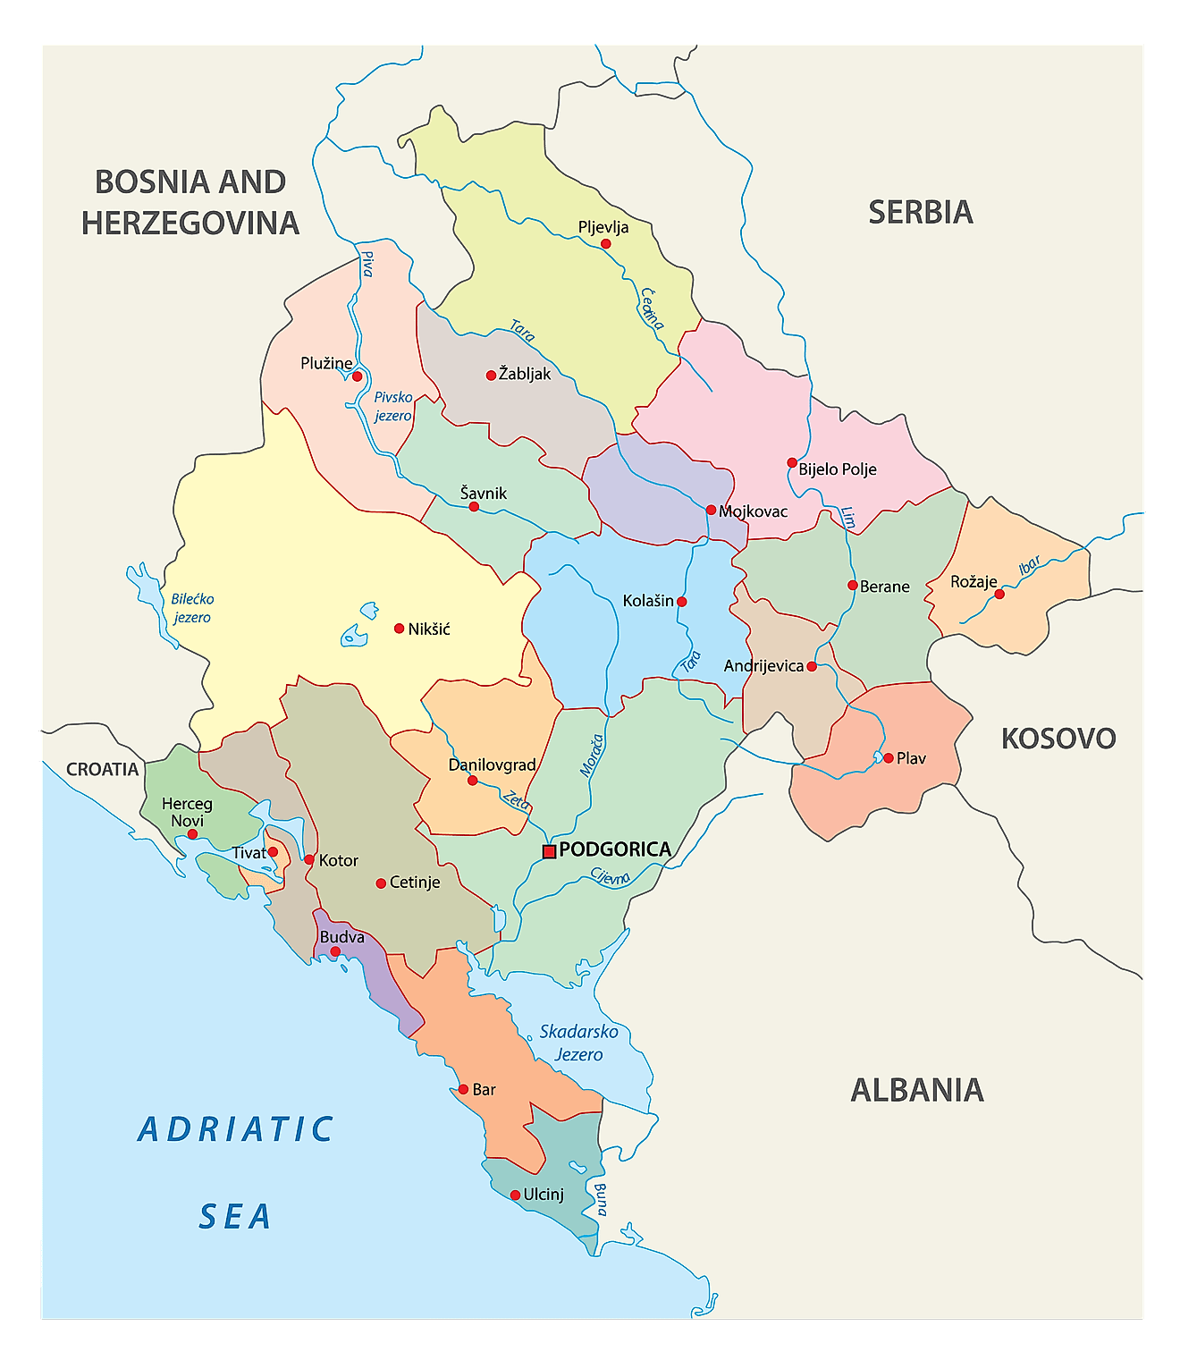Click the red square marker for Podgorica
click(549, 851)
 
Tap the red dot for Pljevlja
click(605, 244)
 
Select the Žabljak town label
click(525, 374)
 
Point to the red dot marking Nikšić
click(400, 629)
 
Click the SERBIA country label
click(920, 212)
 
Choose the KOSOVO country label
click(1058, 739)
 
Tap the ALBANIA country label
click(916, 1090)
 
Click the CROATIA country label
click(102, 770)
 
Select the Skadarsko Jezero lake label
click(578, 1043)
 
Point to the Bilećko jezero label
click(192, 608)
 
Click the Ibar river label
click(1030, 565)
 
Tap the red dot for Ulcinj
click(515, 1195)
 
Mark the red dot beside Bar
click(463, 1089)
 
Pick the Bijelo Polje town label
click(837, 469)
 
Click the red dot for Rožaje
click(999, 594)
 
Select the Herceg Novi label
click(187, 812)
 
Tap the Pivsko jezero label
click(393, 406)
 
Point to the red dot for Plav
click(888, 758)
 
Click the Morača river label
click(591, 756)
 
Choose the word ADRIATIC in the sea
click(236, 1129)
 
